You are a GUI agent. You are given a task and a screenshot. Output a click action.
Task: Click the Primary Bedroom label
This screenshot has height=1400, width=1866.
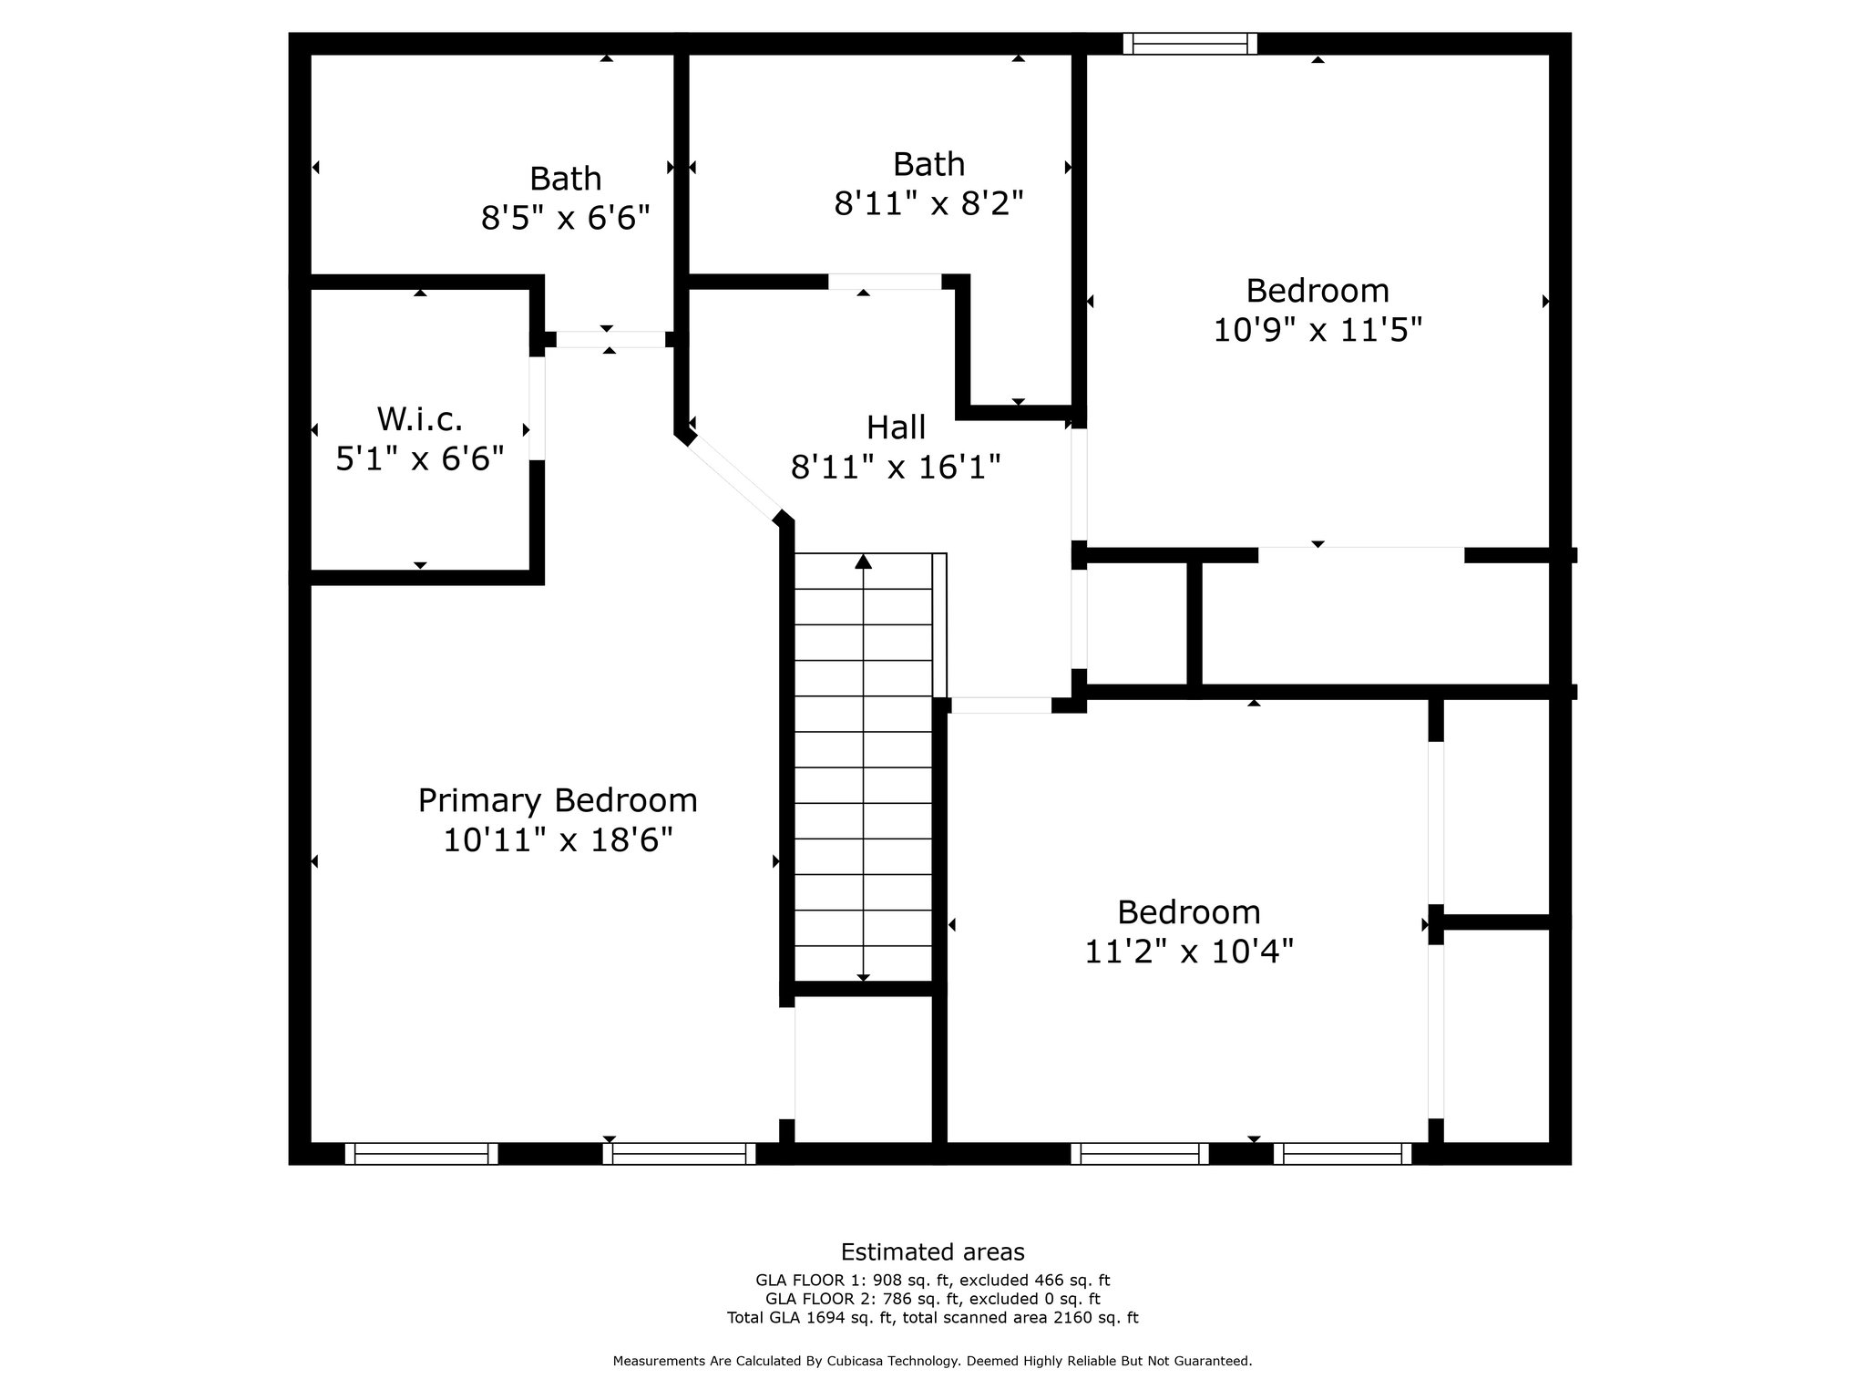tap(558, 800)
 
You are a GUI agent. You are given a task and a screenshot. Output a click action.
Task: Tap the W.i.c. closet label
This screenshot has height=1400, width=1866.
tap(420, 419)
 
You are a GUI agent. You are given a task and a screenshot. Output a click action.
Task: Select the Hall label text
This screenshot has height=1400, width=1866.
tap(896, 427)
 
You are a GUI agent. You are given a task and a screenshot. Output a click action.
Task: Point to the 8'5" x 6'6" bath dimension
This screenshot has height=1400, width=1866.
tap(566, 218)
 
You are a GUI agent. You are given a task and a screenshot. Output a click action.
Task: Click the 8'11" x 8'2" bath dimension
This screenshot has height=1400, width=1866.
tap(929, 203)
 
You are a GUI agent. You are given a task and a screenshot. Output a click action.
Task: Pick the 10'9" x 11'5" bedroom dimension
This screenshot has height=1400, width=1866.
tap(1317, 330)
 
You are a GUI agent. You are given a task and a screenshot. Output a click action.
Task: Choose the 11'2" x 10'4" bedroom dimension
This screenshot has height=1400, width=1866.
tap(1189, 952)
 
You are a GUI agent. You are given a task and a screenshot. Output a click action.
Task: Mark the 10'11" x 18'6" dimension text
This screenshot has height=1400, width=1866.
tap(558, 839)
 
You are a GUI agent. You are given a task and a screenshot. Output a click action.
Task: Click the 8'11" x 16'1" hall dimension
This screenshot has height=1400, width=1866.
tap(896, 468)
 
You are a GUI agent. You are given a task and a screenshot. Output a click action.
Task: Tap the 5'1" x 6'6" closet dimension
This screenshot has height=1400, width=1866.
tap(420, 458)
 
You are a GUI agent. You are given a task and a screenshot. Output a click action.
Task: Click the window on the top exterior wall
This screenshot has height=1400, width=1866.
tap(1190, 44)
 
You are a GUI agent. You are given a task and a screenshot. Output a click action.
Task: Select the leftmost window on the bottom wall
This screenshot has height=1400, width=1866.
tap(422, 1154)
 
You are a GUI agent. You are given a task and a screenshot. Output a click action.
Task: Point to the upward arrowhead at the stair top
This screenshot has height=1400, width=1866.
tap(863, 561)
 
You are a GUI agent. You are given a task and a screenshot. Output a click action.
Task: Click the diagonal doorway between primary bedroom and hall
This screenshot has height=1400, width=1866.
tap(733, 479)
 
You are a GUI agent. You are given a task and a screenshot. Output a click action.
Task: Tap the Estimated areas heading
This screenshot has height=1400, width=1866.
tap(932, 1251)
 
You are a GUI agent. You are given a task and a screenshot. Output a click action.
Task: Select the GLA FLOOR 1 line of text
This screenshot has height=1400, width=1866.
tap(932, 1281)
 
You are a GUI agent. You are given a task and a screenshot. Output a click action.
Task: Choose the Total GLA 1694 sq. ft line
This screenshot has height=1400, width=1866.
tap(932, 1317)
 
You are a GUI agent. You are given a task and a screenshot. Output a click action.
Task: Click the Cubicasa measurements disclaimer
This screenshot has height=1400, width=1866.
tap(932, 1361)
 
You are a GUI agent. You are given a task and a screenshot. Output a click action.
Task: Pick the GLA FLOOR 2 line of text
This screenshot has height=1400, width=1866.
tap(932, 1299)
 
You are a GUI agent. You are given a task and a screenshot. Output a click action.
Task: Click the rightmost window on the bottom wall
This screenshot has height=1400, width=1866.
tap(1343, 1154)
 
